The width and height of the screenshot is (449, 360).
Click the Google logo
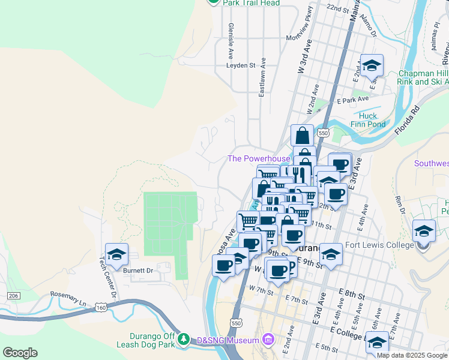20,353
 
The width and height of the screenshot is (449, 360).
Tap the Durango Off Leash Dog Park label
153,340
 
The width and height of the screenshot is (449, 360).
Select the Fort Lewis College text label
379,245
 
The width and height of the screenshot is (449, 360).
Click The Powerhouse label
259,159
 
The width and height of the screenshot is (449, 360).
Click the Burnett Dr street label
138,271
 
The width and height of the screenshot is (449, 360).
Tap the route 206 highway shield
14,296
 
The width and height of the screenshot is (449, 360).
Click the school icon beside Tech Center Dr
117,253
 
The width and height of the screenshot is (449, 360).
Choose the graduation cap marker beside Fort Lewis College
424,230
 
